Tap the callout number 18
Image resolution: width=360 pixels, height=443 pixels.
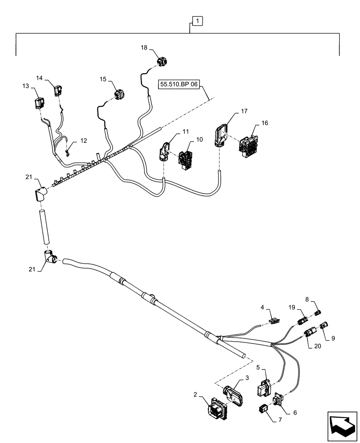click(x=144, y=48)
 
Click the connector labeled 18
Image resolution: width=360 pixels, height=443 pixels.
click(x=162, y=61)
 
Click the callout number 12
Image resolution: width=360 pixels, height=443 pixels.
click(x=84, y=141)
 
